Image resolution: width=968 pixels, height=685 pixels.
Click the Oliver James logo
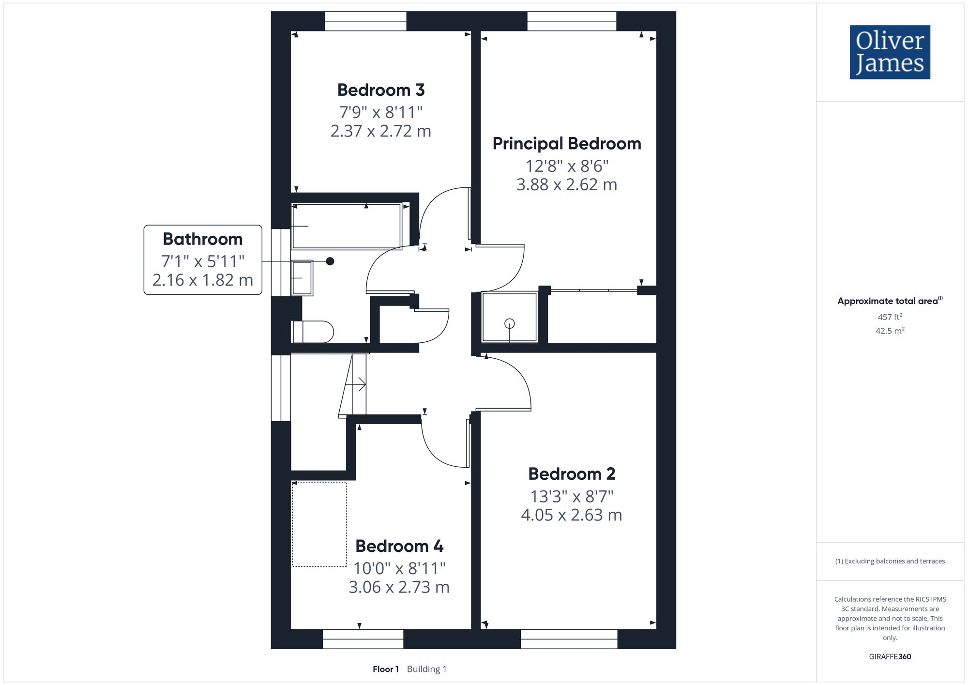[890, 52]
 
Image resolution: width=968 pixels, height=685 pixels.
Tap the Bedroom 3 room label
[381, 90]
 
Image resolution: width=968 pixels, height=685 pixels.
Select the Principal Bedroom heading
[567, 144]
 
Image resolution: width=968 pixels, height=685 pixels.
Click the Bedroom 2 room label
[572, 474]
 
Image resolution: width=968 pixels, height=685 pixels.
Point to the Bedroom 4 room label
[399, 546]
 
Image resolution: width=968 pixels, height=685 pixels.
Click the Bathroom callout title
[203, 239]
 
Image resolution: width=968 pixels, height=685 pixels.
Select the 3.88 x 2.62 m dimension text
[567, 185]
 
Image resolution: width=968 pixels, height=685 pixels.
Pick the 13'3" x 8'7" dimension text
[572, 496]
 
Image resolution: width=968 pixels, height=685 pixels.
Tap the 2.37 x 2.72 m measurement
[381, 131]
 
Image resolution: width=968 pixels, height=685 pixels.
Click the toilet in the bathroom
[314, 332]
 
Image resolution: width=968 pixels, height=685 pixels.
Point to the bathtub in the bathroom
[347, 227]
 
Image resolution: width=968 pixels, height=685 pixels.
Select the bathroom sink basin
[302, 278]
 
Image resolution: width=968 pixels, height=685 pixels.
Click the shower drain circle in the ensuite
[509, 323]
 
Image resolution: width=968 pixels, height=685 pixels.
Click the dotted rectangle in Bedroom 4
[319, 524]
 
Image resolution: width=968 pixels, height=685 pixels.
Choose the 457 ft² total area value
[890, 317]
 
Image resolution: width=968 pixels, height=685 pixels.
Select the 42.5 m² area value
[890, 331]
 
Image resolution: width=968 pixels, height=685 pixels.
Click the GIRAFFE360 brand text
[890, 657]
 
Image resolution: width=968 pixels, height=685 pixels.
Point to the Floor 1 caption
[386, 669]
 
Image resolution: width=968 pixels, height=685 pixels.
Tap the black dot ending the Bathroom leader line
[330, 261]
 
